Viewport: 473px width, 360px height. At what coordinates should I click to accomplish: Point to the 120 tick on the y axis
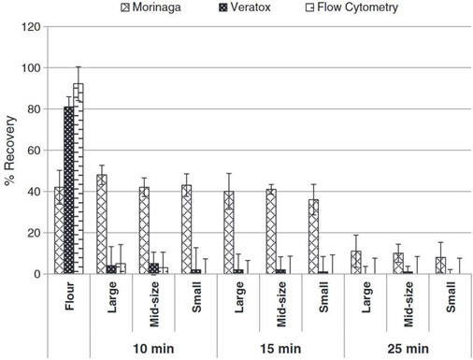point(31,27)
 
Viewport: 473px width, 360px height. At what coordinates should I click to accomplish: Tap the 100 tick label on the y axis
point(31,68)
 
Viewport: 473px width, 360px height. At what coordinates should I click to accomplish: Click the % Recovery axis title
point(10,150)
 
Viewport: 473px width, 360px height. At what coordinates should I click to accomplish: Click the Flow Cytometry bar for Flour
point(79,179)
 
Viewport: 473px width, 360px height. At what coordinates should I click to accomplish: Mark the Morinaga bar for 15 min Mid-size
point(271,232)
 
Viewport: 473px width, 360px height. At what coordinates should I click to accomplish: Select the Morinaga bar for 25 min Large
point(355,263)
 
